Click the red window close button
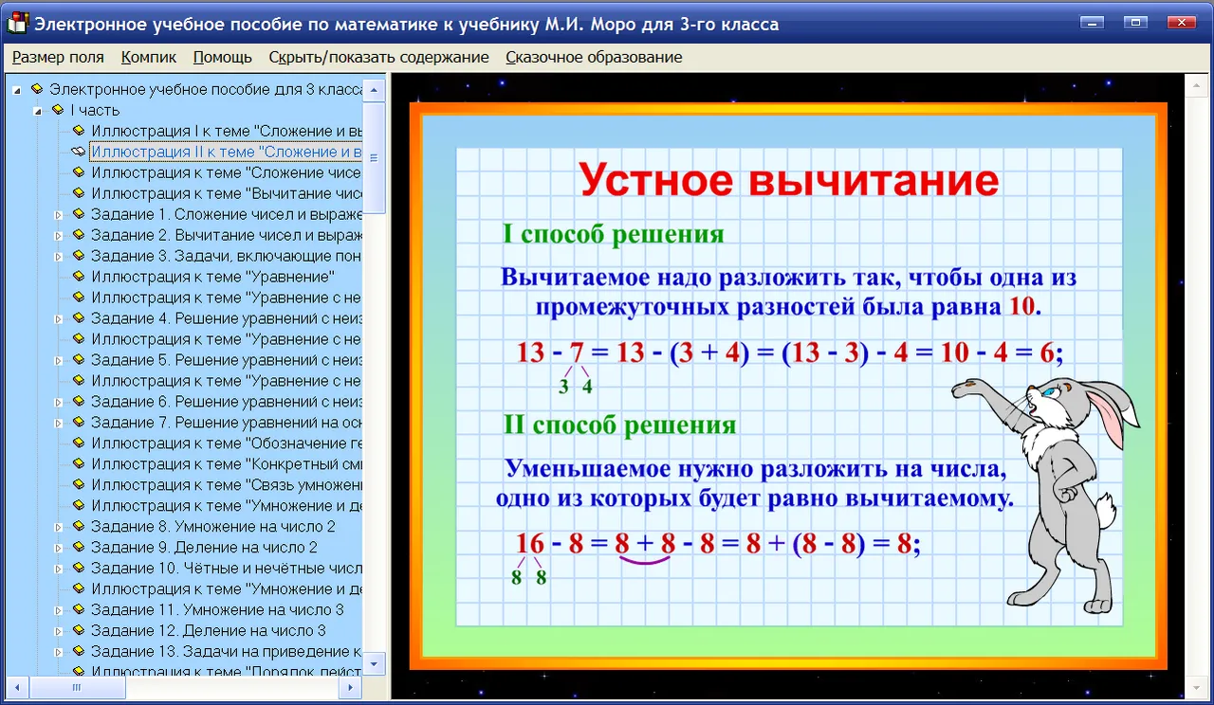point(1182,22)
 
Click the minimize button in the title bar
point(1092,22)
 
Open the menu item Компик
point(149,57)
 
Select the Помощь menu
point(222,57)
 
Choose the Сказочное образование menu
point(594,57)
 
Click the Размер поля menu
point(58,57)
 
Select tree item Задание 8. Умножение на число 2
point(213,526)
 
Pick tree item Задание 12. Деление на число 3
point(209,630)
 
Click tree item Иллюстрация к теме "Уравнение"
point(213,277)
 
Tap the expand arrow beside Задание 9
point(58,548)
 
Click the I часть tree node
point(95,110)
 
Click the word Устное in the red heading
point(655,180)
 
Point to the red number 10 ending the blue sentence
point(1022,306)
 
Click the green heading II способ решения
point(620,425)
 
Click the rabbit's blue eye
point(1050,392)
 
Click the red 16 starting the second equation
point(530,543)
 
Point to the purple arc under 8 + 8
point(644,562)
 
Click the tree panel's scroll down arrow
point(374,664)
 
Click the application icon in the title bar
point(17,23)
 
